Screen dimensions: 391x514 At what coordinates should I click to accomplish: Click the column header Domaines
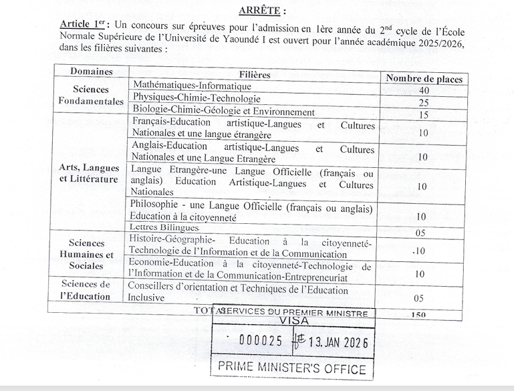(x=92, y=72)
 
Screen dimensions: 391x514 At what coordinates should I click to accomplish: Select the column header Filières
(x=255, y=75)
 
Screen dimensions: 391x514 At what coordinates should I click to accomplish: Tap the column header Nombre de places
(x=424, y=78)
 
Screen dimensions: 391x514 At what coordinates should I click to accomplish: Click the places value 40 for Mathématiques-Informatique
(x=424, y=90)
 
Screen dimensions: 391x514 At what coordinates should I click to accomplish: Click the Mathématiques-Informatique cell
(x=192, y=86)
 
